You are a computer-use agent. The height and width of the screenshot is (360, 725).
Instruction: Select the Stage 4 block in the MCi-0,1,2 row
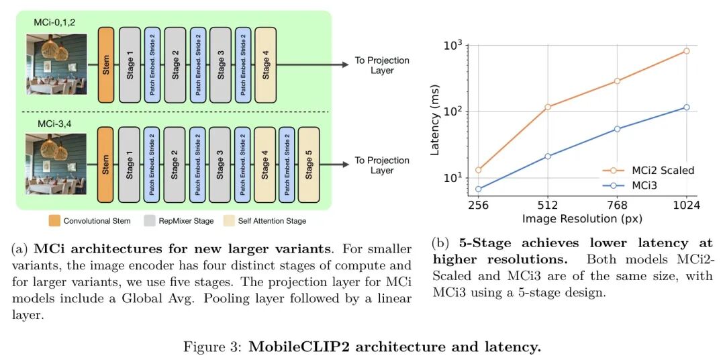pos(266,64)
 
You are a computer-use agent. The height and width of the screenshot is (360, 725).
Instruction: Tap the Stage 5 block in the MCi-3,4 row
pos(309,165)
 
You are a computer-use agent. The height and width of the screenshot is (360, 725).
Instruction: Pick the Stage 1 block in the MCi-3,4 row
pos(130,165)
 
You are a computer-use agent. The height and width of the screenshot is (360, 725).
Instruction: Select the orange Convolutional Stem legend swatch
pos(54,220)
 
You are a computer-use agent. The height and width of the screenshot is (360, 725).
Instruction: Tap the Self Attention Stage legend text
pos(274,220)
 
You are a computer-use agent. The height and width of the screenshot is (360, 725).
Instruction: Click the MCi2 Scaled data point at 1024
pos(686,51)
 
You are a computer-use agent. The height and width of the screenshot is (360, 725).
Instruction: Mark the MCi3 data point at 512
pos(548,156)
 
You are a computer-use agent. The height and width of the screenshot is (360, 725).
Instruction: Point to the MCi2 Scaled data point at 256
pos(478,170)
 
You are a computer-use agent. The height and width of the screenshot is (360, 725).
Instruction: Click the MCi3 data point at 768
pos(617,128)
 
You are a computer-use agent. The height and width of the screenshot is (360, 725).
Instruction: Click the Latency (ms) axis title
pos(435,120)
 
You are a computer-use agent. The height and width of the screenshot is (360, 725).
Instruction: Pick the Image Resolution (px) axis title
pos(582,219)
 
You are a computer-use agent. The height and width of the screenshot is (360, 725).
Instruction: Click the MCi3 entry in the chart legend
pos(645,185)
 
